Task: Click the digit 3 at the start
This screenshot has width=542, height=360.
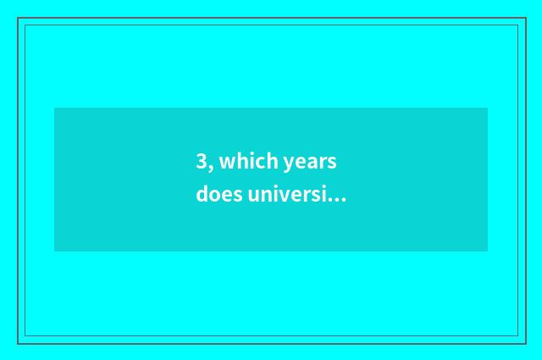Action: point(202,162)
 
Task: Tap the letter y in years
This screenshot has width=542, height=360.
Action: point(290,164)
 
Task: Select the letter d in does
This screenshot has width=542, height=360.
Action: point(202,195)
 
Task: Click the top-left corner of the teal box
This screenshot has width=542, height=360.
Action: point(54,108)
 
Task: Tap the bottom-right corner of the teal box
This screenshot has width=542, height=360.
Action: point(488,252)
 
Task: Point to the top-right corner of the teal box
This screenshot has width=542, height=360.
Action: point(488,108)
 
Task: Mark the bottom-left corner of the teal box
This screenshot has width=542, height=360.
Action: point(54,252)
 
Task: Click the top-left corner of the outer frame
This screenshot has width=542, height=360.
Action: point(18,18)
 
